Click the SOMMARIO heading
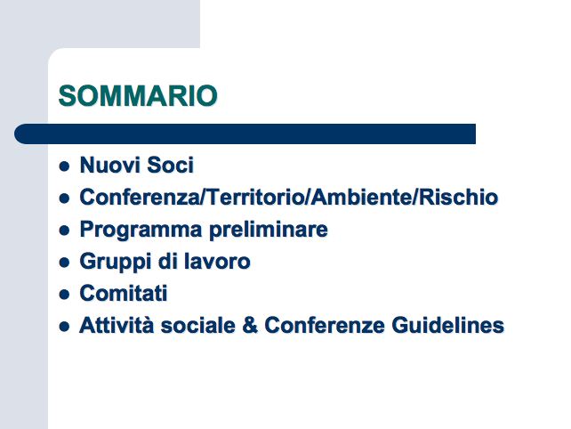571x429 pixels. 138,96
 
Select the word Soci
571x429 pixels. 171,165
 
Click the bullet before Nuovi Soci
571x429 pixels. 64,166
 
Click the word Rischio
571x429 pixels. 458,197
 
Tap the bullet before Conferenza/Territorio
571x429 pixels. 64,198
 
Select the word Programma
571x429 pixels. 141,230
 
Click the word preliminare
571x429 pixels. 269,230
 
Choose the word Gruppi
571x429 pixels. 116,262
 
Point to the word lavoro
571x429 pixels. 217,261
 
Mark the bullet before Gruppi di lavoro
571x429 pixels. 64,263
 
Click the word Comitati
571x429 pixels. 124,293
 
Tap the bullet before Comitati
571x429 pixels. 64,295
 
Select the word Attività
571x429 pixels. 117,325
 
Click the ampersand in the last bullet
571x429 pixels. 250,325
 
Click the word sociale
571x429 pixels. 198,325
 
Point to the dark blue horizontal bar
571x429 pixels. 245,134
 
